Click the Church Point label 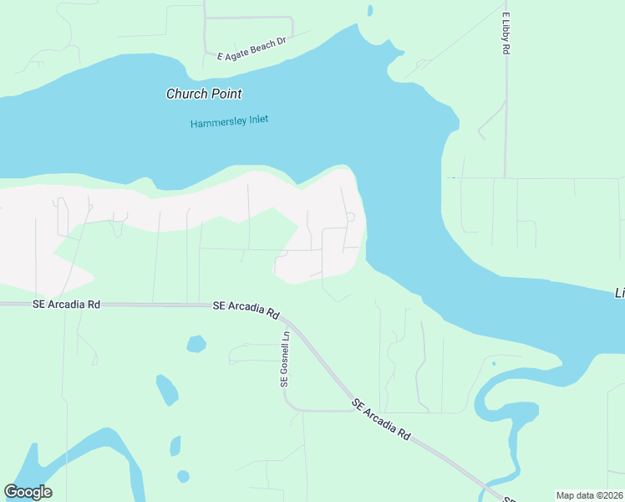tap(204, 95)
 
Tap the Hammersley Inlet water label tap(229, 122)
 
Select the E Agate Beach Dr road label tap(251, 49)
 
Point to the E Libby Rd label tap(506, 34)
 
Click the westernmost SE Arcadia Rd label tap(67, 305)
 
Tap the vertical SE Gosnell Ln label tap(285, 359)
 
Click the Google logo tap(28, 492)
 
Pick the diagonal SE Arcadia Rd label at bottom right tap(382, 419)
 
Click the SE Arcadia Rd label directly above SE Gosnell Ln tap(246, 310)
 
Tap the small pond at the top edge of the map tap(369, 11)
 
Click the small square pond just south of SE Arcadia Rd tap(196, 343)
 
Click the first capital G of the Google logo tap(11, 492)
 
